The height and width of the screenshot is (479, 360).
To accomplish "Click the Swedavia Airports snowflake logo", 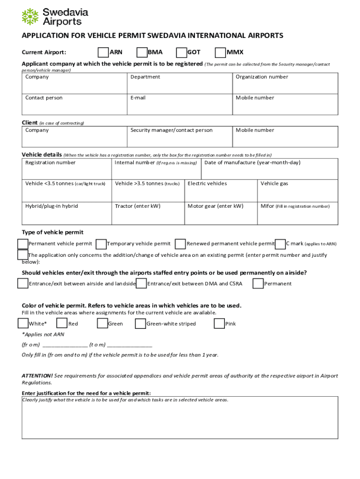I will pos(30,16).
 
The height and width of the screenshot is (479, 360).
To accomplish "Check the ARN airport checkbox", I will pos(103,52).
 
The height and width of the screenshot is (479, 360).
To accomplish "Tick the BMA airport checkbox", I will pos(142,52).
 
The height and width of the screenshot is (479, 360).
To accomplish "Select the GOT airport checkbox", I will pos(181,52).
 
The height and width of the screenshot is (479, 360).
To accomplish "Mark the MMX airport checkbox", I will pos(220,52).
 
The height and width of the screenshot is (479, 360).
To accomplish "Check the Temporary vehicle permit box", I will pos(101,244).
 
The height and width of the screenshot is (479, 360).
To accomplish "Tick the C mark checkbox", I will pos(281,244).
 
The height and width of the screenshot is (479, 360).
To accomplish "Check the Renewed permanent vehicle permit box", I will pos(180,244).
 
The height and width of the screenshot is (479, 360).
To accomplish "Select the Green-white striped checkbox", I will pos(140,323).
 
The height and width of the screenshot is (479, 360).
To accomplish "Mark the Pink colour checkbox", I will pos(219,323).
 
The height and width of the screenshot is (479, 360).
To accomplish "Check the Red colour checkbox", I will pos(62,323).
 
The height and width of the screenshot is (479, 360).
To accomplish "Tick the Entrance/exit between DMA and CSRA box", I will pos(141,283).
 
